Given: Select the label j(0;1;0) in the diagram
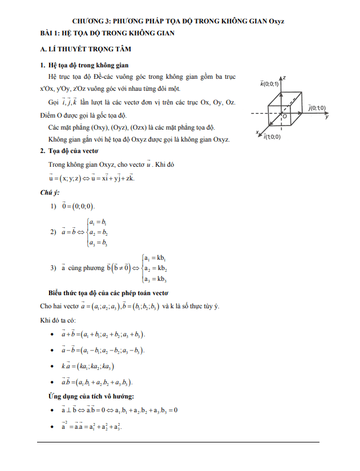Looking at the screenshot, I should coord(316,107).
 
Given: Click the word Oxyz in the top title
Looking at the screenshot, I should coord(277,21).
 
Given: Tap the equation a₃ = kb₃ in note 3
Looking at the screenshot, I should coord(155,279).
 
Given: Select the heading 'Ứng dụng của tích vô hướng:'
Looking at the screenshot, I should coord(92,396).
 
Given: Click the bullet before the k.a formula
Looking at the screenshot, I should coord(53,366).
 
